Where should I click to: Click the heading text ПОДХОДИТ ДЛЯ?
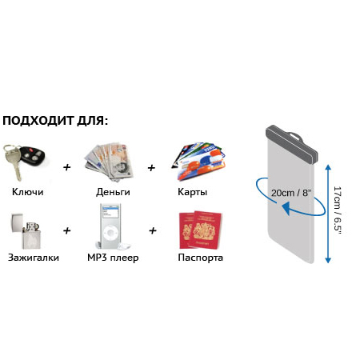click(55, 121)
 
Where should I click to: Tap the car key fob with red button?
click(33, 154)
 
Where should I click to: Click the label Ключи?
click(28, 192)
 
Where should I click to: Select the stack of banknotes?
click(110, 162)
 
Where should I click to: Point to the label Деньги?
click(113, 192)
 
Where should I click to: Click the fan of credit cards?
click(198, 161)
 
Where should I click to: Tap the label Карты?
click(192, 192)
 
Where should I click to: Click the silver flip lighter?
click(26, 231)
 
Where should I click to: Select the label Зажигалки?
click(34, 258)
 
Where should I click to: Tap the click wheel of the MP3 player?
click(110, 233)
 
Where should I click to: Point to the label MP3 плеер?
click(113, 258)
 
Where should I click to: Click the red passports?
click(201, 230)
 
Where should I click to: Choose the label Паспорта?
click(200, 258)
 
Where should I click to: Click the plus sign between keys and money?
click(67, 167)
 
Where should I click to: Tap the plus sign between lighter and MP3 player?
click(67, 230)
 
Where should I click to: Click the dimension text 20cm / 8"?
click(291, 193)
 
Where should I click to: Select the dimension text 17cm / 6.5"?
click(338, 210)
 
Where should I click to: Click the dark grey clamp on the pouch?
click(292, 144)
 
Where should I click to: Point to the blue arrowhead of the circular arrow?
click(286, 208)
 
